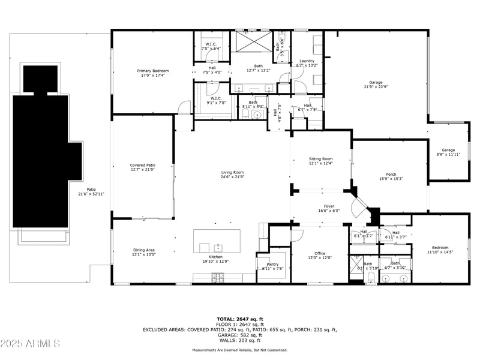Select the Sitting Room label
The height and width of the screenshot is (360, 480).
(321, 158)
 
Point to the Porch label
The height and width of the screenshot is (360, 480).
(391, 175)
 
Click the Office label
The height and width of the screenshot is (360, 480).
(319, 253)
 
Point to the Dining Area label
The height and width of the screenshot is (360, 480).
(143, 250)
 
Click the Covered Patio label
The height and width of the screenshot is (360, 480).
(143, 165)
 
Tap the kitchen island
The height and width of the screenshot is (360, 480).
(217, 242)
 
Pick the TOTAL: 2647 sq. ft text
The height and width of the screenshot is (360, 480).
(240, 319)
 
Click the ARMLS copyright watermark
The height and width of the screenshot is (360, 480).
(30, 344)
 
